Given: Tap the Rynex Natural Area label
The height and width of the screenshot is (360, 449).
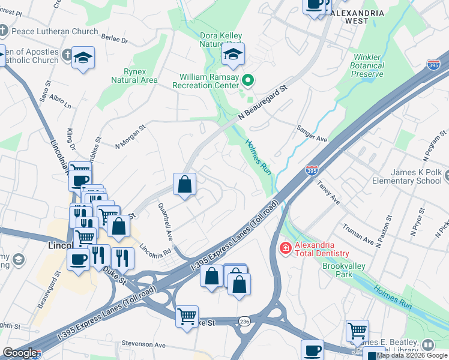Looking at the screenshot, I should (134, 76).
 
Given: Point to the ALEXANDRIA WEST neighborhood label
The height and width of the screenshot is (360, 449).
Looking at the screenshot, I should (357, 16).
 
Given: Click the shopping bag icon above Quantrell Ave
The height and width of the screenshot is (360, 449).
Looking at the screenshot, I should (185, 184).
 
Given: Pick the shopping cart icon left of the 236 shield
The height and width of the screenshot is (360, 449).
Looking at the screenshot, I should (187, 315).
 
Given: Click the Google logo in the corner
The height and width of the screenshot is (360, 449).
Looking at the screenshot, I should (20, 353).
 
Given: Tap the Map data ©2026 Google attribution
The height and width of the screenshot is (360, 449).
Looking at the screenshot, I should (412, 355).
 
